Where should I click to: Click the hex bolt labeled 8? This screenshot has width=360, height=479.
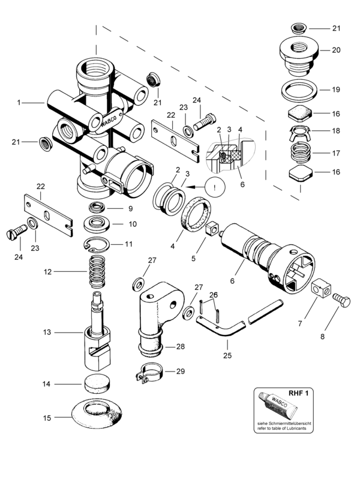(341, 300)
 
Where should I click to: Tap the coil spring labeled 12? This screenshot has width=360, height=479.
(97, 271)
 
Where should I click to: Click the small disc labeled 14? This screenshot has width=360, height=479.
(97, 384)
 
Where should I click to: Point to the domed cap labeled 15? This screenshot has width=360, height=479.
(97, 414)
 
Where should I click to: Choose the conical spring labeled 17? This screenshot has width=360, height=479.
(300, 152)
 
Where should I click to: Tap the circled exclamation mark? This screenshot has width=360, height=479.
(215, 187)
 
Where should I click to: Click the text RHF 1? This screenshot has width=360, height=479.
(298, 393)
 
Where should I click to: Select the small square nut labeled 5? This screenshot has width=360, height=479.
(213, 228)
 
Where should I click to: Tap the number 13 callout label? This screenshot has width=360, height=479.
(47, 332)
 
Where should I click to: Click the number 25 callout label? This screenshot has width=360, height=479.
(227, 355)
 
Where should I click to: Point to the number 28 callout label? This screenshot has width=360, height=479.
(181, 346)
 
